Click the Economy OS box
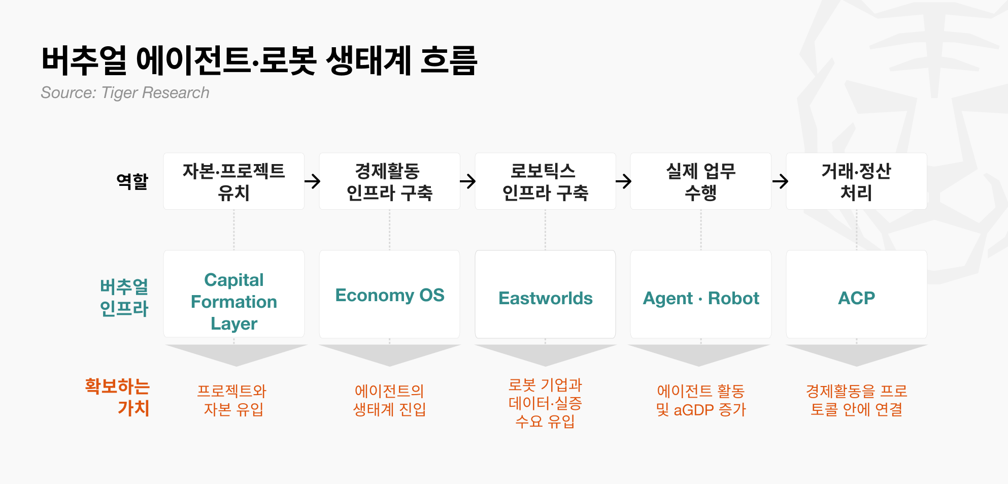click(x=389, y=294)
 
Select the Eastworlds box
click(x=545, y=294)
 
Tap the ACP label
click(x=856, y=298)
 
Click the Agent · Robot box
click(x=700, y=294)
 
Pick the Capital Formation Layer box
click(x=234, y=294)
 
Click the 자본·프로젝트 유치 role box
click(x=234, y=181)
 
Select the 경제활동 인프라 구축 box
click(x=389, y=181)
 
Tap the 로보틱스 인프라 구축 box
click(x=545, y=181)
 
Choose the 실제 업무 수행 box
click(x=700, y=181)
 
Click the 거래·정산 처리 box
click(x=856, y=181)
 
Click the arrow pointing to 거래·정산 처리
click(x=780, y=181)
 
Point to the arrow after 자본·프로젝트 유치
click(x=313, y=181)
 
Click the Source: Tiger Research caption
click(x=125, y=92)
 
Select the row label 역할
click(x=132, y=181)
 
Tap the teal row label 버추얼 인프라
click(x=124, y=298)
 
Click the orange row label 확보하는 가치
click(x=117, y=397)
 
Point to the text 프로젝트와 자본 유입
click(x=233, y=400)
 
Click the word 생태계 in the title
click(x=368, y=60)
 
